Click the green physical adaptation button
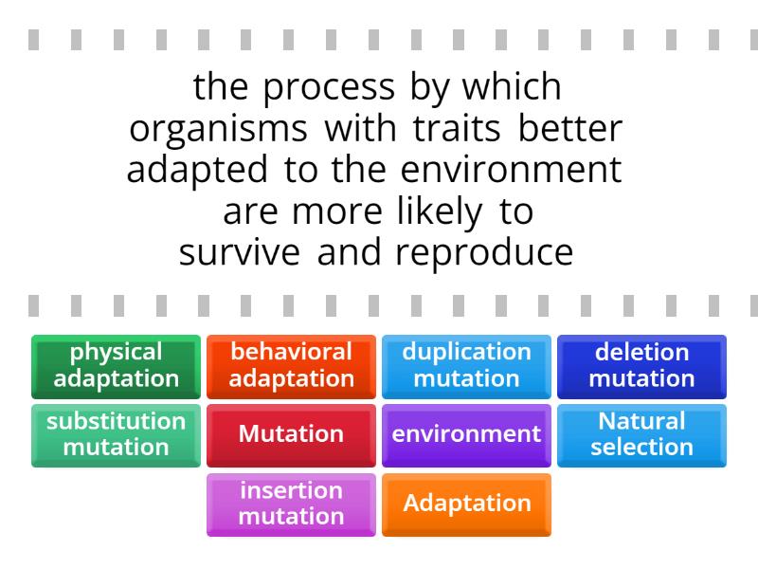116,366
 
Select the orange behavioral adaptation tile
291,366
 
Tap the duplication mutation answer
466,366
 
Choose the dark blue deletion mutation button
641,366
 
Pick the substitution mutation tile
116,434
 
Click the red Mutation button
291,434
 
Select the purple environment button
466,434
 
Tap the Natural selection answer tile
641,434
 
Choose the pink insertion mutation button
291,504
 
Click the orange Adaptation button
466,504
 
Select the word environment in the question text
511,171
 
